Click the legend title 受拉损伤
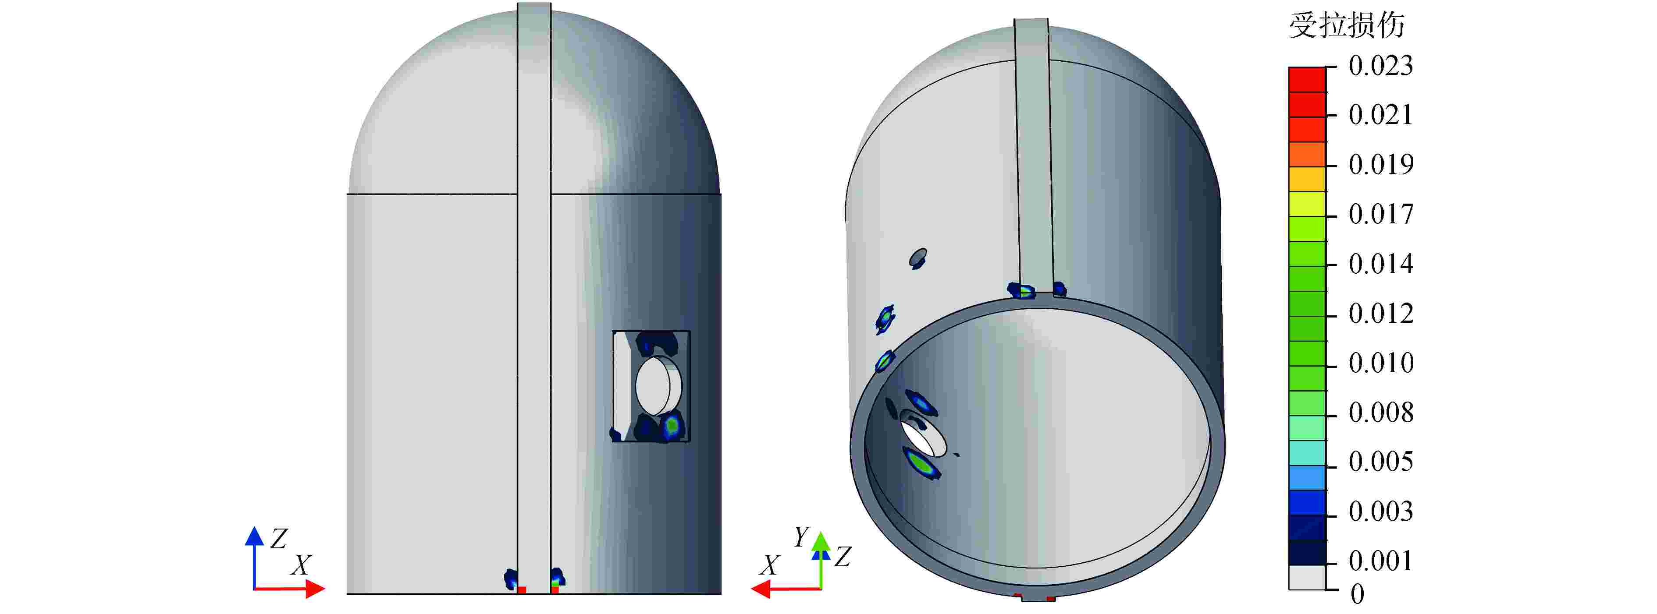click(1346, 26)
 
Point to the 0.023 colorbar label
click(1380, 66)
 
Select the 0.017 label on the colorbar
click(1380, 214)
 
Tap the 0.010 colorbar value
click(1380, 363)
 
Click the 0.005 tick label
click(1380, 462)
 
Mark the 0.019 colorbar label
click(1380, 165)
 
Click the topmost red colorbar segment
click(1306, 79)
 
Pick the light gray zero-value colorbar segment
click(1306, 577)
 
